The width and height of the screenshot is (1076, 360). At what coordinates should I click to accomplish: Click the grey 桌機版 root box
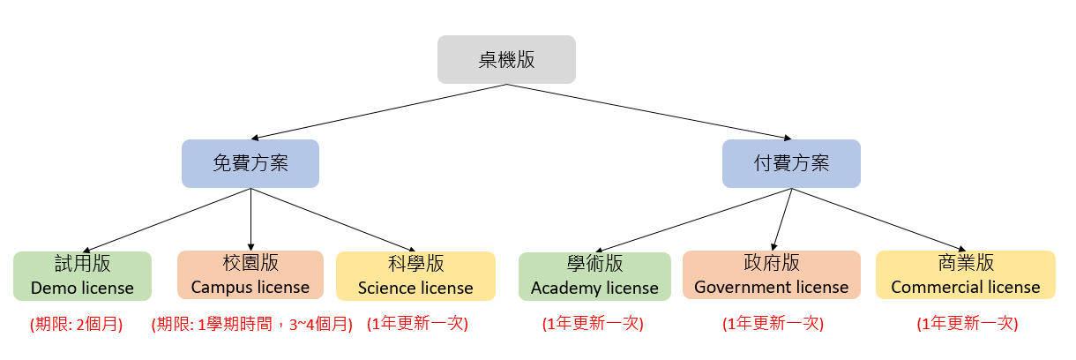(x=506, y=59)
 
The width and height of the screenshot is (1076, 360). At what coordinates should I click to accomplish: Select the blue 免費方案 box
(x=250, y=163)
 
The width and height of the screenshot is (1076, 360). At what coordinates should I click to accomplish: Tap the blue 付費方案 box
(x=791, y=163)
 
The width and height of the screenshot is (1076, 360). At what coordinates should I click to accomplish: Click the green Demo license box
(x=82, y=275)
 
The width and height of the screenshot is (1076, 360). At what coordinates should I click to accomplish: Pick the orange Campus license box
(x=250, y=275)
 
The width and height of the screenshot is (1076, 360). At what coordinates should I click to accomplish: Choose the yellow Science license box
(x=415, y=275)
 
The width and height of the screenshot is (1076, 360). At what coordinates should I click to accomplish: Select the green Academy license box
(x=594, y=276)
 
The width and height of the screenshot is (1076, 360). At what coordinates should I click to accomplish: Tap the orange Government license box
(x=771, y=275)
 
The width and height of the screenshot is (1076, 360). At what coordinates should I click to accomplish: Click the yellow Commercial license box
(x=966, y=275)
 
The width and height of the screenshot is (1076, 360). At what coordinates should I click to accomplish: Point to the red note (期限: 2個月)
(x=77, y=324)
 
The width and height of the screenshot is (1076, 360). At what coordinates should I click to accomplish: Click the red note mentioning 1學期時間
(x=252, y=324)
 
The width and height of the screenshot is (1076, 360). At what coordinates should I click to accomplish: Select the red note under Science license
(x=417, y=324)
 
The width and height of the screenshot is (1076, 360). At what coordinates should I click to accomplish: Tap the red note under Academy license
(x=593, y=324)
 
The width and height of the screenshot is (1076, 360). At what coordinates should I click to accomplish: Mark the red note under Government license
(x=773, y=324)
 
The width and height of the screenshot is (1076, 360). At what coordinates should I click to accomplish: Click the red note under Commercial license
(x=968, y=324)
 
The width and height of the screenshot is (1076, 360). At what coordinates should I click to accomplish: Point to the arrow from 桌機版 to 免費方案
(x=379, y=112)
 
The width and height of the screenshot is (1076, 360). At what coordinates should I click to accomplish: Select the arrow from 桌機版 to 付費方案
(x=648, y=112)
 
